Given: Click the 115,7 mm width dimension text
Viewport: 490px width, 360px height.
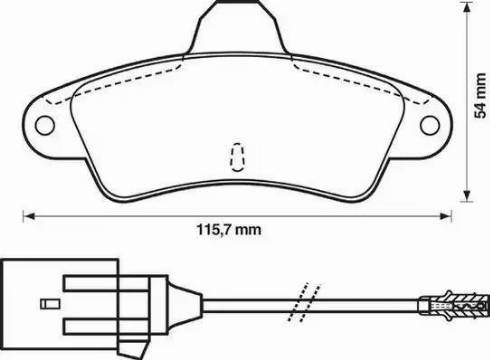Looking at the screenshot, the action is tap(229, 230).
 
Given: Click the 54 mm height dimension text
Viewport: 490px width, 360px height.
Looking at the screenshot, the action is tap(480, 96).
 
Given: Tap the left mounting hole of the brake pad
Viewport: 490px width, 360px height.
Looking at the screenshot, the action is tap(45, 125).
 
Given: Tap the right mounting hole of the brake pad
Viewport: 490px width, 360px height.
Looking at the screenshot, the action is tap(430, 125).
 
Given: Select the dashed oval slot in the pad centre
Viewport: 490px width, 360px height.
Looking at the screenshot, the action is tap(237, 157).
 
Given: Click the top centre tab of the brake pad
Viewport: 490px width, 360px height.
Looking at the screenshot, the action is tap(237, 27).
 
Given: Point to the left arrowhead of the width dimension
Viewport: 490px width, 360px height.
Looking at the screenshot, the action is tap(29, 216).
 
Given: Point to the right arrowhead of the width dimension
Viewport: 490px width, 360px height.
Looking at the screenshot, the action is tap(445, 216).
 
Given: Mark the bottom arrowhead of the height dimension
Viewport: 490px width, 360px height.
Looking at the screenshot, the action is tap(467, 195).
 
